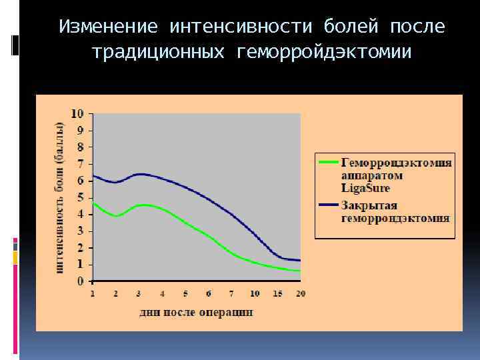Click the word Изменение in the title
[x=109, y=27]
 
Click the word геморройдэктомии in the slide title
[x=324, y=51]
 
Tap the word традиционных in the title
[x=157, y=51]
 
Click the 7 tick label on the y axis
[x=81, y=164]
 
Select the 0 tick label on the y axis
[x=81, y=281]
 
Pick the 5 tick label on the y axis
[x=81, y=197]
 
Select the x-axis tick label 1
[x=92, y=293]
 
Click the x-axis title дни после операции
[x=196, y=312]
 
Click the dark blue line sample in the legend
[x=329, y=205]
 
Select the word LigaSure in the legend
[x=365, y=189]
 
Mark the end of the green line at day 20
[x=299, y=271]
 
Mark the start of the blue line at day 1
[x=93, y=175]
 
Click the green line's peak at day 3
[x=142, y=205]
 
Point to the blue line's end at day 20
[x=299, y=260]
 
